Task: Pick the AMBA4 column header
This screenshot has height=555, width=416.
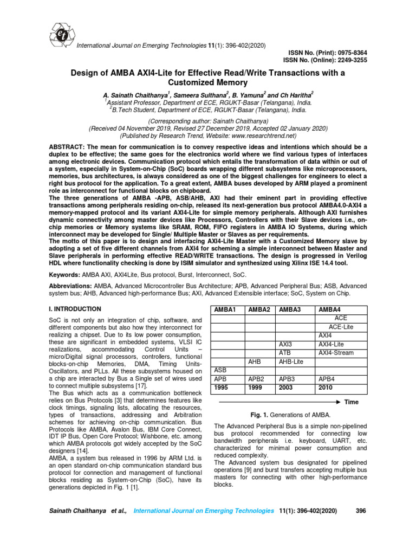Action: point(329,309)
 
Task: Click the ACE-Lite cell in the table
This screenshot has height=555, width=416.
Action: point(341,327)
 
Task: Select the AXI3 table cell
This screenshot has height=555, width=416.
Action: point(285,344)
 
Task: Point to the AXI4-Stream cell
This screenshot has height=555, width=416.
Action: point(336,353)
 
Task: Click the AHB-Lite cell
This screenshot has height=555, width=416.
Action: point(290,362)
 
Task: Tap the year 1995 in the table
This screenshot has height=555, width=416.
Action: point(221,388)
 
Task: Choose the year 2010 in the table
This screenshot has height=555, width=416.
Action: point(326,388)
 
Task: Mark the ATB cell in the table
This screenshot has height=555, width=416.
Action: point(285,353)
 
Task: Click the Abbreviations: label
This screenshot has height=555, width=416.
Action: point(70,285)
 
